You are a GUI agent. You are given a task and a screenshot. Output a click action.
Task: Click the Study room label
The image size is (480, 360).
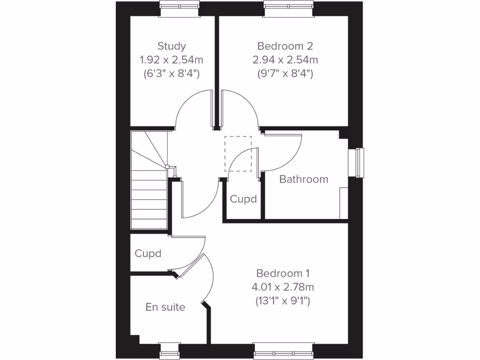(172, 46)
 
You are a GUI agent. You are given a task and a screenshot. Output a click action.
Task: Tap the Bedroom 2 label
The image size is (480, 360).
(285, 46)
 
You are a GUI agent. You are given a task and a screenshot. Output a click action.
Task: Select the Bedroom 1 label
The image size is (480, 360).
(283, 273)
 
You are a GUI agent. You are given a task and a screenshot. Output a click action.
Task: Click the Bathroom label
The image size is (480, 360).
(304, 179)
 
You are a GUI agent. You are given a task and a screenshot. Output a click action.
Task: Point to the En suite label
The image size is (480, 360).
(165, 307)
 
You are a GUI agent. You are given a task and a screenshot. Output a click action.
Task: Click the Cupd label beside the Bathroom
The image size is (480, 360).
(243, 199)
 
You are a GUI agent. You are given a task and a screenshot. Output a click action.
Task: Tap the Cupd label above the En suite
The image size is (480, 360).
(148, 254)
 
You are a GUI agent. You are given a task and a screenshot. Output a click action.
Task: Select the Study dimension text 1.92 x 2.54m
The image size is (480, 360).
(172, 60)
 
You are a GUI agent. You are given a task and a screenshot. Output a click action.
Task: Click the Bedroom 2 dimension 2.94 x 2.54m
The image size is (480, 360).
(285, 60)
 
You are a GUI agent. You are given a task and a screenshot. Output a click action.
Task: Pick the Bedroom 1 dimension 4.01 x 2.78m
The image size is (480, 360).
(283, 287)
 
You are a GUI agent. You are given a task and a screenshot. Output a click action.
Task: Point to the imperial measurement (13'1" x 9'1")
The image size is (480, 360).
(283, 301)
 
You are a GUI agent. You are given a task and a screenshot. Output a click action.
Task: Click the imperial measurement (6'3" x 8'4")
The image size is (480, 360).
(172, 74)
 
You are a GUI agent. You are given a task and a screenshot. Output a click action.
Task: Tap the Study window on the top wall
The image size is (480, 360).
(180, 5)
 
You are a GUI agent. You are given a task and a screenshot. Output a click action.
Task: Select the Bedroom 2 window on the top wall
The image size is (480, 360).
(288, 5)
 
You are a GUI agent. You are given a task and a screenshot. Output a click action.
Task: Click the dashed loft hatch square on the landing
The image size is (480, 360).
(238, 154)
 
